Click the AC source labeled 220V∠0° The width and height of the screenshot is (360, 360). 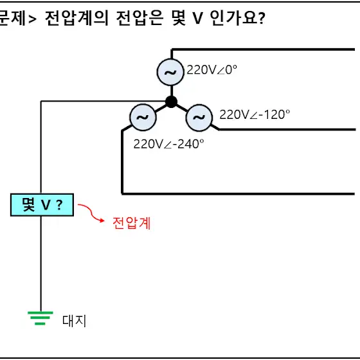coord(170,72)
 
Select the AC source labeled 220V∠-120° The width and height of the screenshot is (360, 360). coord(199,117)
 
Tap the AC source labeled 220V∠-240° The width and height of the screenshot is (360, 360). coord(143,117)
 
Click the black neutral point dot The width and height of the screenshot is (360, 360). coord(171,102)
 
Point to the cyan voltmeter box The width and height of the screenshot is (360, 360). coord(42,205)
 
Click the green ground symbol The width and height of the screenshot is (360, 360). coord(40,318)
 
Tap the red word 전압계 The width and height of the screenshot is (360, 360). coord(132,223)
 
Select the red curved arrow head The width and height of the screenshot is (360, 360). coord(102,221)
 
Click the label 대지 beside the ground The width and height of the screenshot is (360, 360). coord(74,321)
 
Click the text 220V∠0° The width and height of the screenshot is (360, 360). coord(212,70)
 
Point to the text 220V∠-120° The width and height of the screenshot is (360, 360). coord(255,114)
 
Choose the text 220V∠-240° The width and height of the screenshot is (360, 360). coord(168,144)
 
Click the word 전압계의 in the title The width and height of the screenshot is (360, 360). coord(76,18)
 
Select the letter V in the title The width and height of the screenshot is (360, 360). coord(198,19)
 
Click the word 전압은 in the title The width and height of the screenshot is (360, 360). coord(139,18)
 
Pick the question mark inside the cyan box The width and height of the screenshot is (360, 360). coord(59,204)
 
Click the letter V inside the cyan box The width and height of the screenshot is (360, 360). coord(46,205)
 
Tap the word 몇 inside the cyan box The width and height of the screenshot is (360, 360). coord(28,204)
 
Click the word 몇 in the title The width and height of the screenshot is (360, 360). coord(179,18)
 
